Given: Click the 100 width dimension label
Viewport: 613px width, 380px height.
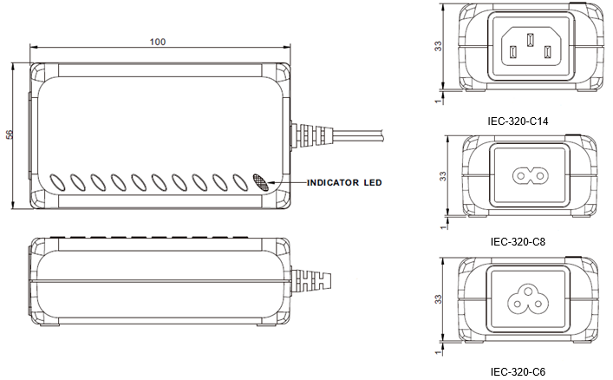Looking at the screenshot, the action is pos(158,42).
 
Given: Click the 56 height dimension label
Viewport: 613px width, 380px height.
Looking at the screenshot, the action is pos(10,134).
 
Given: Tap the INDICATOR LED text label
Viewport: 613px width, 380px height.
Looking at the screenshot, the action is pos(344,183).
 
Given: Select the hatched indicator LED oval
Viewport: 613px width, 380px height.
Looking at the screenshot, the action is pos(261,182).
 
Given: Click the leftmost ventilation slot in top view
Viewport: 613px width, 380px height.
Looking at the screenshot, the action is pos(57,183).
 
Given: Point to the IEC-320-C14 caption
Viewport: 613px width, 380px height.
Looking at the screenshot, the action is pos(518,121).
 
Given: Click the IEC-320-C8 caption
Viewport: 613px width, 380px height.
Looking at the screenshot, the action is pos(518,242).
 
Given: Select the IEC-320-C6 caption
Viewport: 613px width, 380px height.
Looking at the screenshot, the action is pos(518,371).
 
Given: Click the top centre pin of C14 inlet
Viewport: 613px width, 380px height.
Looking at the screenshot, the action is pos(530,40).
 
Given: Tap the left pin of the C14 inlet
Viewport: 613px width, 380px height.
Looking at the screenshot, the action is pos(513,52).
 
